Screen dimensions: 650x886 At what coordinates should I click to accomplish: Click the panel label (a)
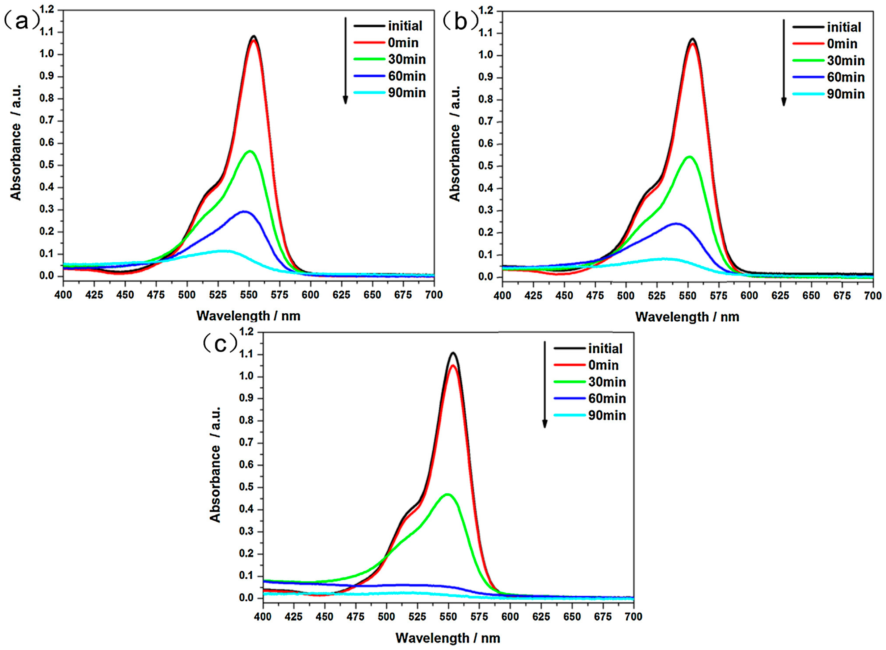[22, 20]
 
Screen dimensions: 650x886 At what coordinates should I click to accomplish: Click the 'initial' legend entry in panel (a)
[405, 26]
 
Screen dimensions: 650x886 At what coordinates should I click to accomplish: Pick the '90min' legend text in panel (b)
[846, 94]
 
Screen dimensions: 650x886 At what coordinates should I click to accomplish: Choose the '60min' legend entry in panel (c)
[607, 399]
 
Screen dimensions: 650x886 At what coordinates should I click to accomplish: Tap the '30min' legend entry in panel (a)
[406, 60]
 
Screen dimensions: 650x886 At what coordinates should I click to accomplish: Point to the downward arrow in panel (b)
[784, 63]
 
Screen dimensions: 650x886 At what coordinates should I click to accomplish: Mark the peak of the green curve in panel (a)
[249, 151]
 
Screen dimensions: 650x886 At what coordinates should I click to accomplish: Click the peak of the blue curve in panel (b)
[676, 223]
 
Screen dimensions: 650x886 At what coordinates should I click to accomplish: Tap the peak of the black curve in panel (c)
[453, 353]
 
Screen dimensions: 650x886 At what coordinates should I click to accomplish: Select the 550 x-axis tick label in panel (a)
[248, 294]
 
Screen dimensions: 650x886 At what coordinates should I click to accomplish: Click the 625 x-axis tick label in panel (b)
[780, 296]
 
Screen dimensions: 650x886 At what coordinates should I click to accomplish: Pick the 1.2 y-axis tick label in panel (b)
[486, 11]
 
